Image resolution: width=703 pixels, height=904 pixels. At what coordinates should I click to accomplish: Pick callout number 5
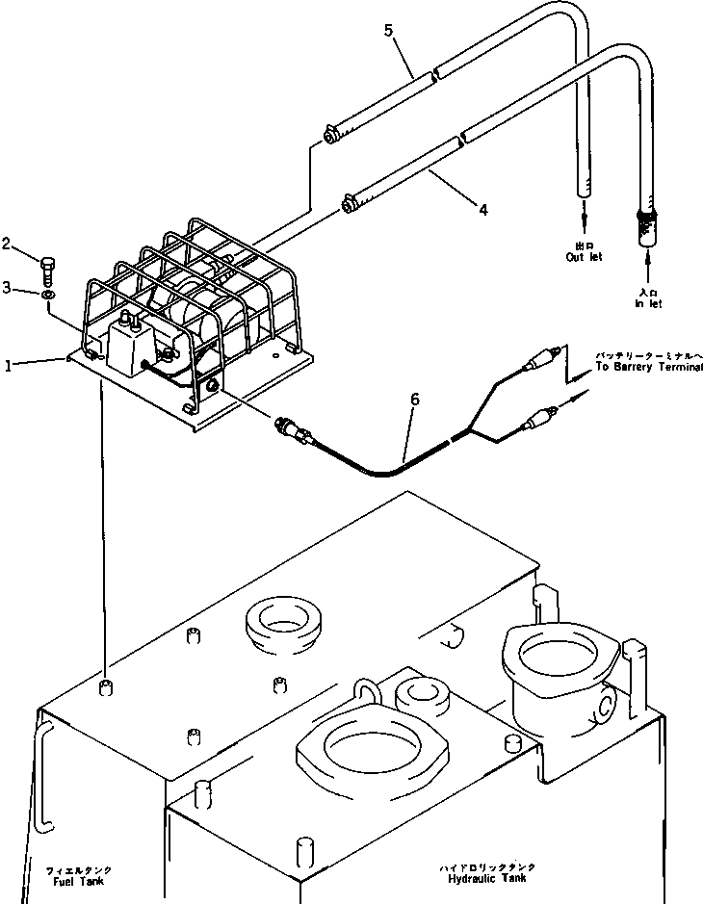pos(389,31)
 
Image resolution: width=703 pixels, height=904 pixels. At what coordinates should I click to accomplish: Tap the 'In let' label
pos(648,298)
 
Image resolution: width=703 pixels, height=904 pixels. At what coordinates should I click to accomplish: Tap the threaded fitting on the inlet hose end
pos(646,228)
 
